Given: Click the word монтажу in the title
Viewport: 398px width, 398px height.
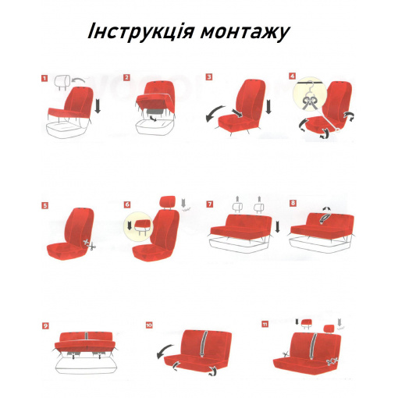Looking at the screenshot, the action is coord(245,33).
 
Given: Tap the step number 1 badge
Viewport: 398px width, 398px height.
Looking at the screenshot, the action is coord(44,78).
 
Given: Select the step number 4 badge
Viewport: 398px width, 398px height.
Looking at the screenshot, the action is coord(293,76).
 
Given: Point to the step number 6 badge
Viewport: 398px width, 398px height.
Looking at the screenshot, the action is coord(127,204).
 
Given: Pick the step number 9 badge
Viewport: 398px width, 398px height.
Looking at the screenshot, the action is coord(45,325).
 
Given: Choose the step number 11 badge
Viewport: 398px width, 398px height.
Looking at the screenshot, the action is coord(265,324).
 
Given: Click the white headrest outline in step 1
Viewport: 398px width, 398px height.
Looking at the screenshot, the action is coord(62,82).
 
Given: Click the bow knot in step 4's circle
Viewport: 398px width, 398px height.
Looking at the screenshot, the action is coord(309,101).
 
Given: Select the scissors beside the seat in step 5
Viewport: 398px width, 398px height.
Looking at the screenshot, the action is coord(90,244).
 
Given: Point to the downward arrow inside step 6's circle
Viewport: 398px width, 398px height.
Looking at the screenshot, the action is coord(130,225).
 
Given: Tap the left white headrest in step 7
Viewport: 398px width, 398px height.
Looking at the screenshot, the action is coord(237,208).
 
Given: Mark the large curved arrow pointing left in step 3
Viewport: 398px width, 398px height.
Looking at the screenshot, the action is coord(215,113).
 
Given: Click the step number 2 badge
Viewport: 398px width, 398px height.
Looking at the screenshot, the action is coord(126,77).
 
